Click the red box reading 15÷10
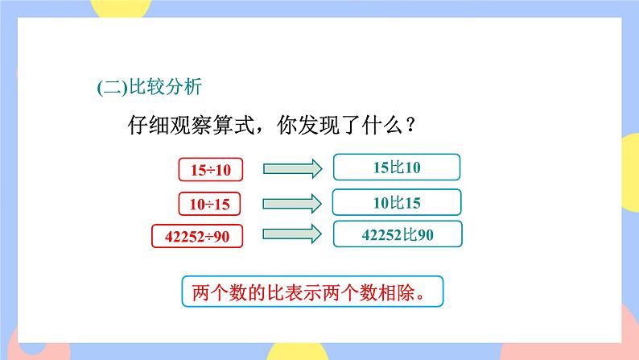pos(210,170)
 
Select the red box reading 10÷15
pos(210,204)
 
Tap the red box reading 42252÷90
pos(198,236)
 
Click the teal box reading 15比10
pos(397,168)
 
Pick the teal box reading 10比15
pos(397,202)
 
